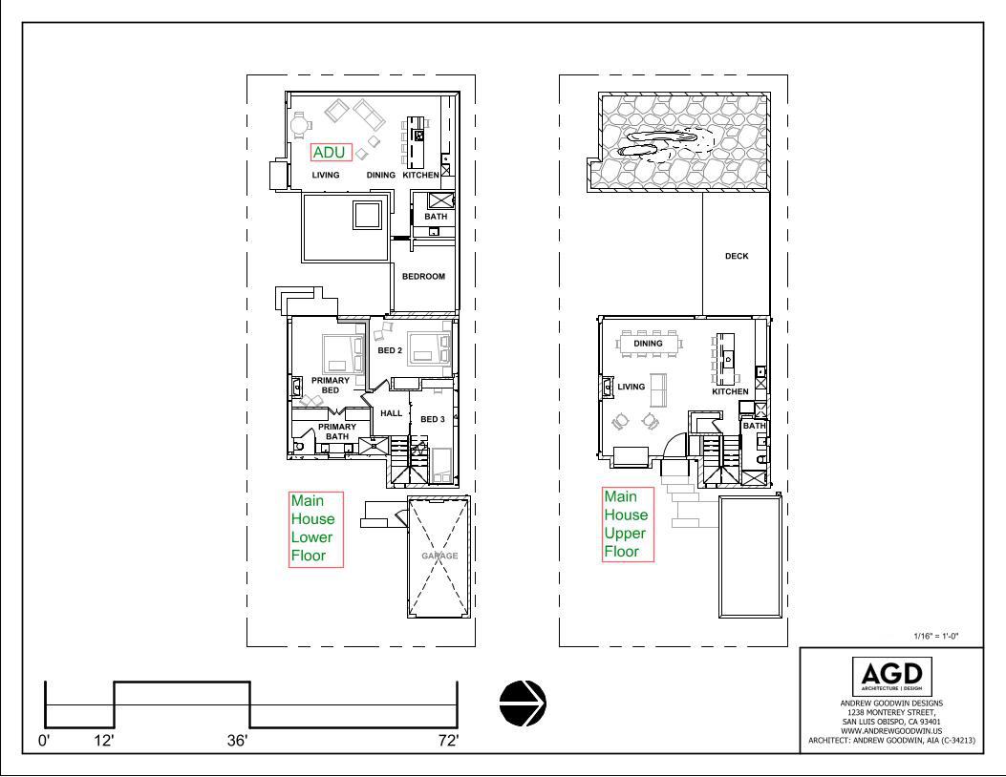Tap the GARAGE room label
pyautogui.click(x=439, y=556)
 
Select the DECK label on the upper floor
pyautogui.click(x=737, y=256)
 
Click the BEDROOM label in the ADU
pyautogui.click(x=423, y=276)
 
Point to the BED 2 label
pyautogui.click(x=390, y=350)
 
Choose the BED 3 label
pyautogui.click(x=433, y=419)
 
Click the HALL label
pyautogui.click(x=392, y=413)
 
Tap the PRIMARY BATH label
pyautogui.click(x=337, y=431)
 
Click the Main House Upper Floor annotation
pyautogui.click(x=628, y=524)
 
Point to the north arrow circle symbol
pyautogui.click(x=523, y=703)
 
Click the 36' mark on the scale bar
pyautogui.click(x=237, y=741)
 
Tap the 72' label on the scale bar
pyautogui.click(x=448, y=741)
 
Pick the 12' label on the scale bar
pyautogui.click(x=104, y=741)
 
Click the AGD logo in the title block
pyautogui.click(x=891, y=677)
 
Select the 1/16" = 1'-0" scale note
pyautogui.click(x=936, y=636)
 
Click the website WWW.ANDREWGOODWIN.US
pyautogui.click(x=891, y=731)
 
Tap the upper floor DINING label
pyautogui.click(x=648, y=343)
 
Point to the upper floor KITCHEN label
pyautogui.click(x=730, y=391)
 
